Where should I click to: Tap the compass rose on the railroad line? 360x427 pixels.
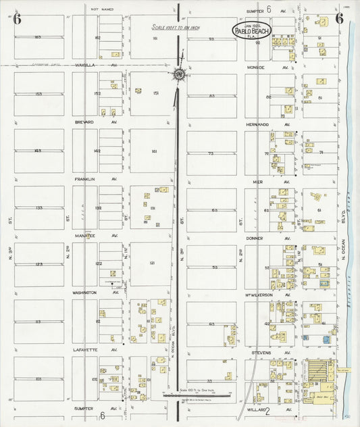[x=179, y=74]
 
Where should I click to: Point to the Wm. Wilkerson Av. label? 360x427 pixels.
[x=269, y=295]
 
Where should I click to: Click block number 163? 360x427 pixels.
[x=38, y=37]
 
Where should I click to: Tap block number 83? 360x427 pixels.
[x=211, y=96]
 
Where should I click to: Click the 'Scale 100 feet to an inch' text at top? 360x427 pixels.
[x=178, y=27]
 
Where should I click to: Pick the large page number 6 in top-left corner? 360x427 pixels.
[x=17, y=18]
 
